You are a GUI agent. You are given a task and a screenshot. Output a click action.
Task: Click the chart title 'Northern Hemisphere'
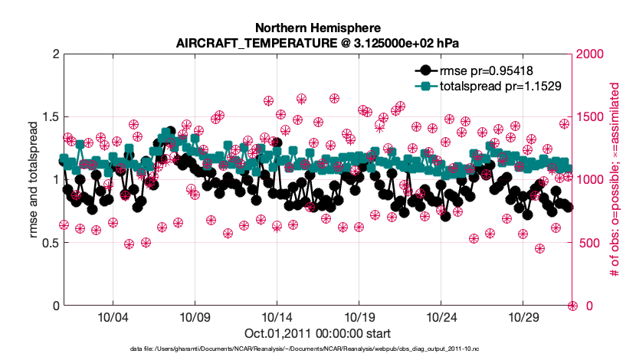tap(317, 26)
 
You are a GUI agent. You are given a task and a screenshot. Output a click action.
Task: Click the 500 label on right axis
tap(587, 243)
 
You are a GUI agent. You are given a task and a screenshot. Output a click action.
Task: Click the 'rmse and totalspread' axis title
tap(33, 180)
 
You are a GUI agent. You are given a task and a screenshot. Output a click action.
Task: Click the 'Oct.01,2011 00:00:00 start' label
tap(317, 333)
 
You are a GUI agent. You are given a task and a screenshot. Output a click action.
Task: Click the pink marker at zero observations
tap(572, 306)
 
